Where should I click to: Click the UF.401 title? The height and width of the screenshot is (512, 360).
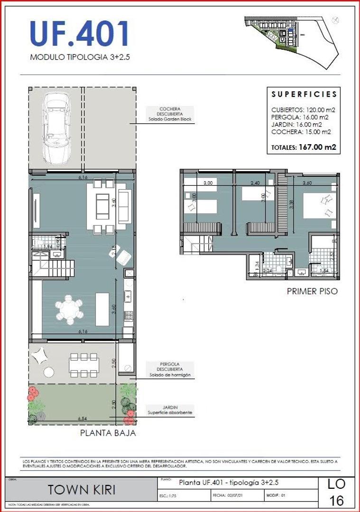(x=79, y=35)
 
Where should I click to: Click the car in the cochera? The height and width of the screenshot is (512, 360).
(x=56, y=127)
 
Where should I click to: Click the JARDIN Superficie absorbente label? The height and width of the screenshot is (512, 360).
(x=170, y=410)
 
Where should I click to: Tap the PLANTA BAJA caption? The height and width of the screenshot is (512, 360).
(x=108, y=432)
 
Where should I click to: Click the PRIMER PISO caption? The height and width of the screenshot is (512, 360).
(x=312, y=291)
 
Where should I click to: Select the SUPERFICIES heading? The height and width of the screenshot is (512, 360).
(x=304, y=94)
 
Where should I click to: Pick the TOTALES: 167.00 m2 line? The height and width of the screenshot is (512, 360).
(x=304, y=147)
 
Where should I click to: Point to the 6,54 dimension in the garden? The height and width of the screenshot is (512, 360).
(x=83, y=419)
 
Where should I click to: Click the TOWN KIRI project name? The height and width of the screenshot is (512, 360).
(x=83, y=490)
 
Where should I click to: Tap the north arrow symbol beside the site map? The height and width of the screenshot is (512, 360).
(x=336, y=20)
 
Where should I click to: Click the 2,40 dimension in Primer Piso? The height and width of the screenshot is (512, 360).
(x=256, y=182)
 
